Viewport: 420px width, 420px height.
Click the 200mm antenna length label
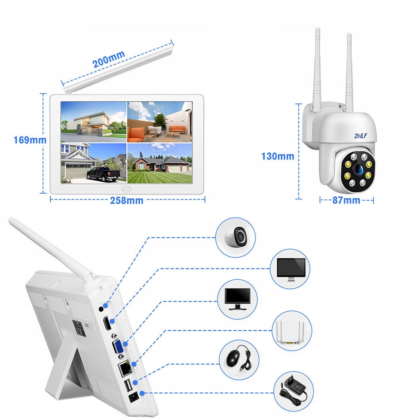click(x=108, y=59)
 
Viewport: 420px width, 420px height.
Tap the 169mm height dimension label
click(x=30, y=140)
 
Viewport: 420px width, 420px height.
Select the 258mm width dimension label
click(x=127, y=200)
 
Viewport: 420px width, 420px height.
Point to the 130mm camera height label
click(x=278, y=156)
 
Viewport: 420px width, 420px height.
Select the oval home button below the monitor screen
click(x=127, y=188)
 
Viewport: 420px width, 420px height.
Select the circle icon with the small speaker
click(x=236, y=237)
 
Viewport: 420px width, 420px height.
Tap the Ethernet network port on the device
click(x=125, y=368)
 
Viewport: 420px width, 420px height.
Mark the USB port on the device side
click(x=128, y=386)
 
